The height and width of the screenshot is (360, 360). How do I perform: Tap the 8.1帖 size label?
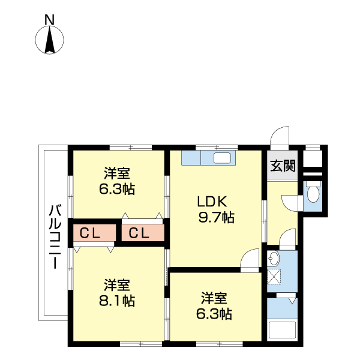pyautogui.click(x=117, y=301)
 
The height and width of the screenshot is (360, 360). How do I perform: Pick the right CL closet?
pyautogui.click(x=142, y=233)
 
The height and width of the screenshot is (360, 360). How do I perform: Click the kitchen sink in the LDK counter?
pyautogui.click(x=223, y=158)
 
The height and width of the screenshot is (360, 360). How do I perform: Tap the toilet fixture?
pyautogui.click(x=313, y=194)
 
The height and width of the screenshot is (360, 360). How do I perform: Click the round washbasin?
pyautogui.click(x=274, y=259)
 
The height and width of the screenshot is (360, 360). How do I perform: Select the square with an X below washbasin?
pyautogui.click(x=274, y=277)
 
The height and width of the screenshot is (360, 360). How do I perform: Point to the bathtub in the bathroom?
pyautogui.click(x=282, y=331)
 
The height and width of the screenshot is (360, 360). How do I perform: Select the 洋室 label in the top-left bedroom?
pyautogui.click(x=117, y=174)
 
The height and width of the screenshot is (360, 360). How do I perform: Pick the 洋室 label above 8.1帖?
pyautogui.click(x=117, y=284)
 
